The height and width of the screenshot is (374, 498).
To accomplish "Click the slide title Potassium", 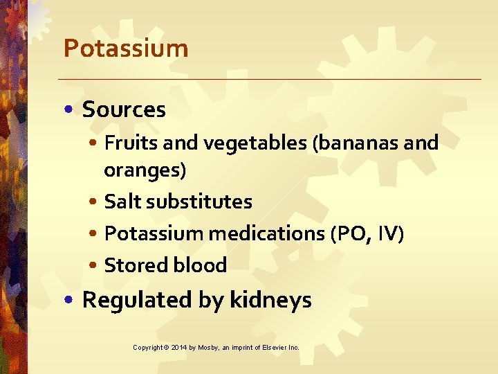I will tap(125, 48).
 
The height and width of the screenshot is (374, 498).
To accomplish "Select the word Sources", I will tap(124, 109).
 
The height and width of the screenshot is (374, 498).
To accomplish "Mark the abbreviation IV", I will tap(388, 233).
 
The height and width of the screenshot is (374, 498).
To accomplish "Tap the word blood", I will tap(200, 265).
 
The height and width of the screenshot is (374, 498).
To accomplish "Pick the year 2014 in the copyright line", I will tap(178, 347).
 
